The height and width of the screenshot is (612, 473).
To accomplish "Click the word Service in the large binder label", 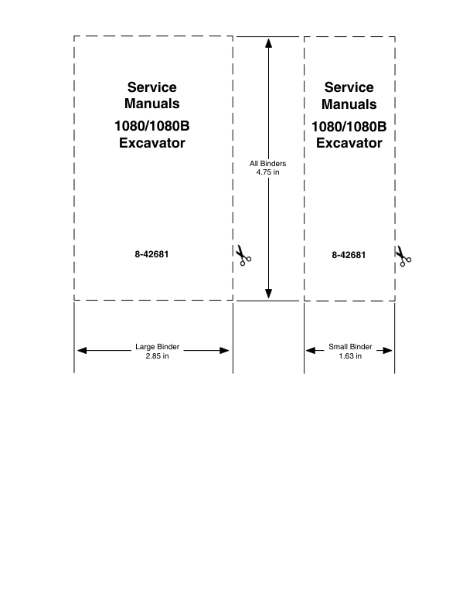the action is [151, 87].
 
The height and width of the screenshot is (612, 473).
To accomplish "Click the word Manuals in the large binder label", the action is [151, 104].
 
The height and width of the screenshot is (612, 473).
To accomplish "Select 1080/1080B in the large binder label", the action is [151, 126].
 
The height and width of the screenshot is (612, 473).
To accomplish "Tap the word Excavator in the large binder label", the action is [151, 143].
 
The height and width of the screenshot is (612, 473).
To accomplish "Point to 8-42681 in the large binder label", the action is [151, 254].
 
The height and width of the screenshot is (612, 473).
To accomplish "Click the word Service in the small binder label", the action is [349, 87].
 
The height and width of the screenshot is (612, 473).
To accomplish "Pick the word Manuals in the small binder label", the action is [349, 104].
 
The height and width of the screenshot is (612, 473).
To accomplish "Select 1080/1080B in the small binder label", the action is [349, 127].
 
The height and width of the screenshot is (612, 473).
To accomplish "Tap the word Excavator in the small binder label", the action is [349, 143].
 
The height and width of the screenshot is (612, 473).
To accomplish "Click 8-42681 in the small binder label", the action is [349, 255].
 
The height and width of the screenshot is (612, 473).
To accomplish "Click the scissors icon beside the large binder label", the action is [243, 256].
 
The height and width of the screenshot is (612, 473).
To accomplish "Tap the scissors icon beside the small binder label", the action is [403, 256].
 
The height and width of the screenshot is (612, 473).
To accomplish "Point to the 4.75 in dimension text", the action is [267, 172].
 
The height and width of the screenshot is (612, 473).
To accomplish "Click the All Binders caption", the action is [267, 164].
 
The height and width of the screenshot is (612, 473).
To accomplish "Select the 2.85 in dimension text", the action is [157, 356].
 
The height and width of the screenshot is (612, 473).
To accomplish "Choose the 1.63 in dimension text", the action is [350, 356].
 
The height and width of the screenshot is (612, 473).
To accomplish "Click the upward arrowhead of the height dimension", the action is [268, 43].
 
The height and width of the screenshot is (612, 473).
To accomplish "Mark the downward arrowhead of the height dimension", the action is [268, 294].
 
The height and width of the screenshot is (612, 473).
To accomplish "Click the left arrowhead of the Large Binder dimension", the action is [82, 351].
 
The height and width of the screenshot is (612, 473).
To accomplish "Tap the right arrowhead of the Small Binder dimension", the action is [387, 351].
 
